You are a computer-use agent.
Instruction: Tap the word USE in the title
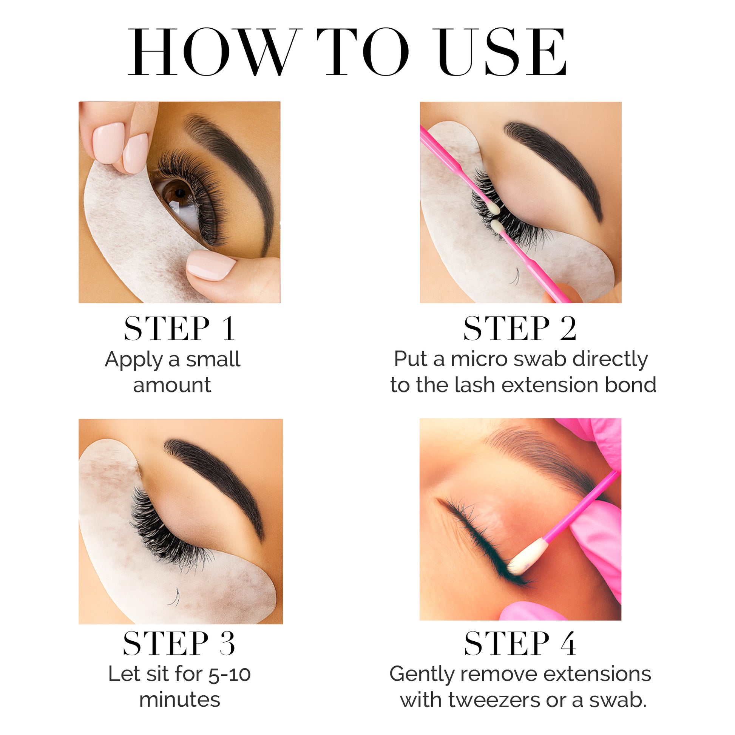click(x=502, y=52)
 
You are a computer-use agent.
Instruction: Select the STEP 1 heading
click(x=180, y=329)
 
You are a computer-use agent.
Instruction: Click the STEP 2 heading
click(x=520, y=329)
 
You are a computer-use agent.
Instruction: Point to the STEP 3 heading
click(x=179, y=643)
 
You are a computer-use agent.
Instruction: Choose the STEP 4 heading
click(x=520, y=643)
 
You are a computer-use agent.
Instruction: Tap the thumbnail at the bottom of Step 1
click(x=211, y=265)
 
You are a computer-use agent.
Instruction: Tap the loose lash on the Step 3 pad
click(x=174, y=598)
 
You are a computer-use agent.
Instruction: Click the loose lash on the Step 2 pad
click(x=515, y=276)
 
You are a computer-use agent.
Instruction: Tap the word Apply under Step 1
click(x=134, y=360)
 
